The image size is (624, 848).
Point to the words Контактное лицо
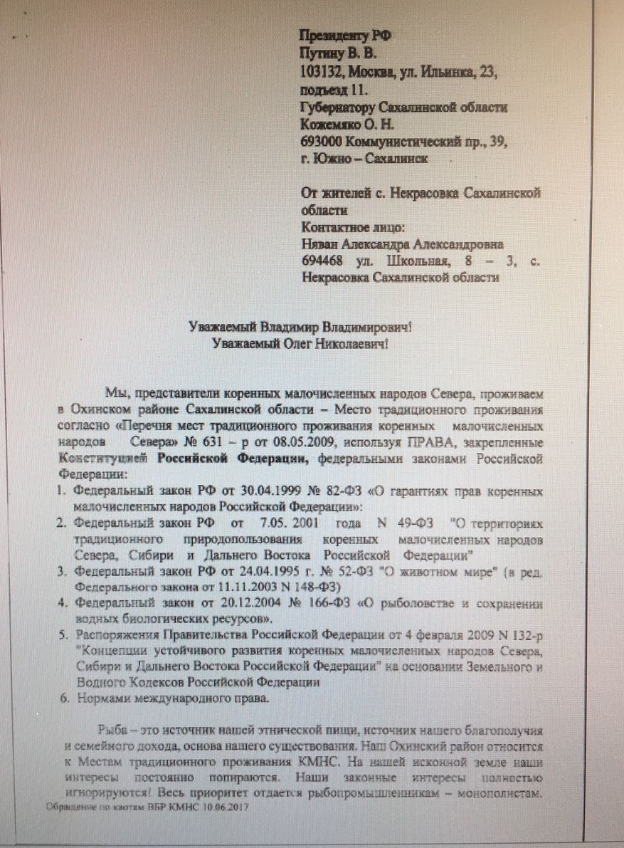(353, 228)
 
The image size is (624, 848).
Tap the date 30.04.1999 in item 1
(235, 491)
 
